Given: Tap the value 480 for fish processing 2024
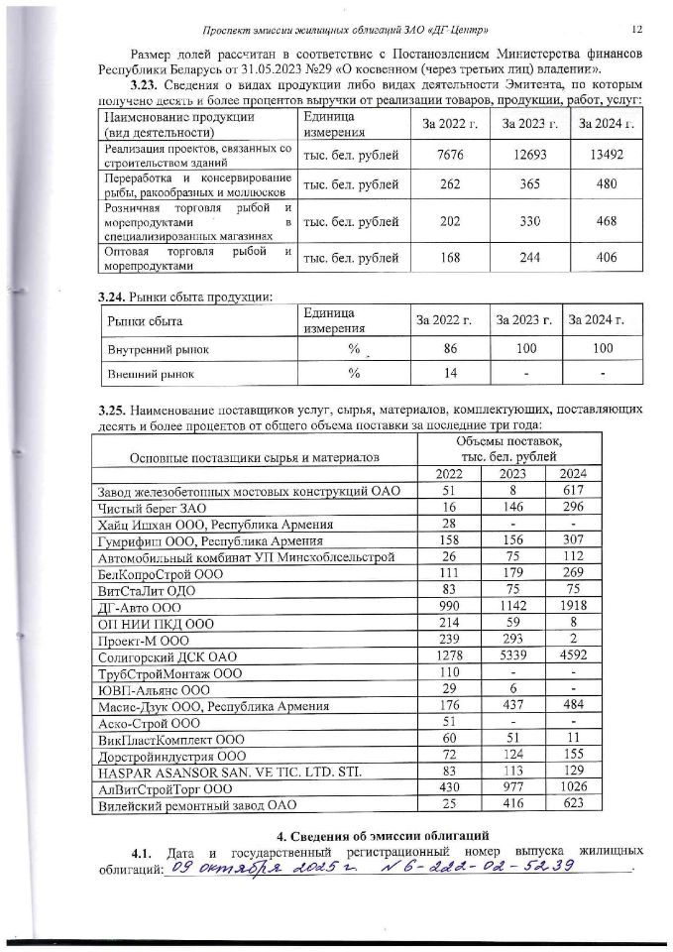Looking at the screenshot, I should tap(608, 183).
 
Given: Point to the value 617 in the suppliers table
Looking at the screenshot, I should tap(574, 491).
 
